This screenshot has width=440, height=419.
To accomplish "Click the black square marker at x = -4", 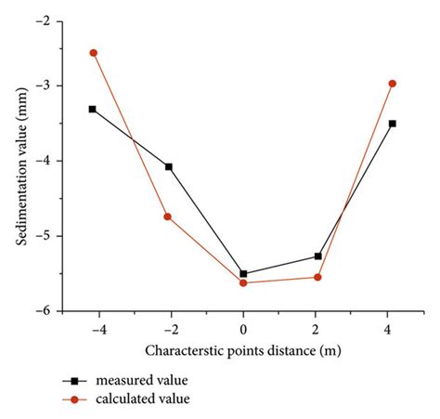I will click(93, 110).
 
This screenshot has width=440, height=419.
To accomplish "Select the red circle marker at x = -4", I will click(94, 53).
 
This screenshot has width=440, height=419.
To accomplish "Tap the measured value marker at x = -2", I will click(168, 167).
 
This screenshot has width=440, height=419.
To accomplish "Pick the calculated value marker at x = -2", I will click(168, 216).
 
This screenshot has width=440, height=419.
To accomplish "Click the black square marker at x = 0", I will click(243, 274).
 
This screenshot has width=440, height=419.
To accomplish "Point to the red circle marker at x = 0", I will click(243, 282).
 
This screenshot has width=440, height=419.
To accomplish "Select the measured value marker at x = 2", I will click(317, 256).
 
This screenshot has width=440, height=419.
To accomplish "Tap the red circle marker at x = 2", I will click(317, 277).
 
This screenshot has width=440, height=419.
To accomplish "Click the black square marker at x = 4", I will click(393, 124).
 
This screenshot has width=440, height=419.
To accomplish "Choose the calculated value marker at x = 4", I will click(393, 84).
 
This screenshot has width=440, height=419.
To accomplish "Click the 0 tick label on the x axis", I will click(243, 328).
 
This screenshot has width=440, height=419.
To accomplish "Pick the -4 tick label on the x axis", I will click(91, 328).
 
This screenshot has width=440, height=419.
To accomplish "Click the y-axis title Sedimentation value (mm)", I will click(20, 167).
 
